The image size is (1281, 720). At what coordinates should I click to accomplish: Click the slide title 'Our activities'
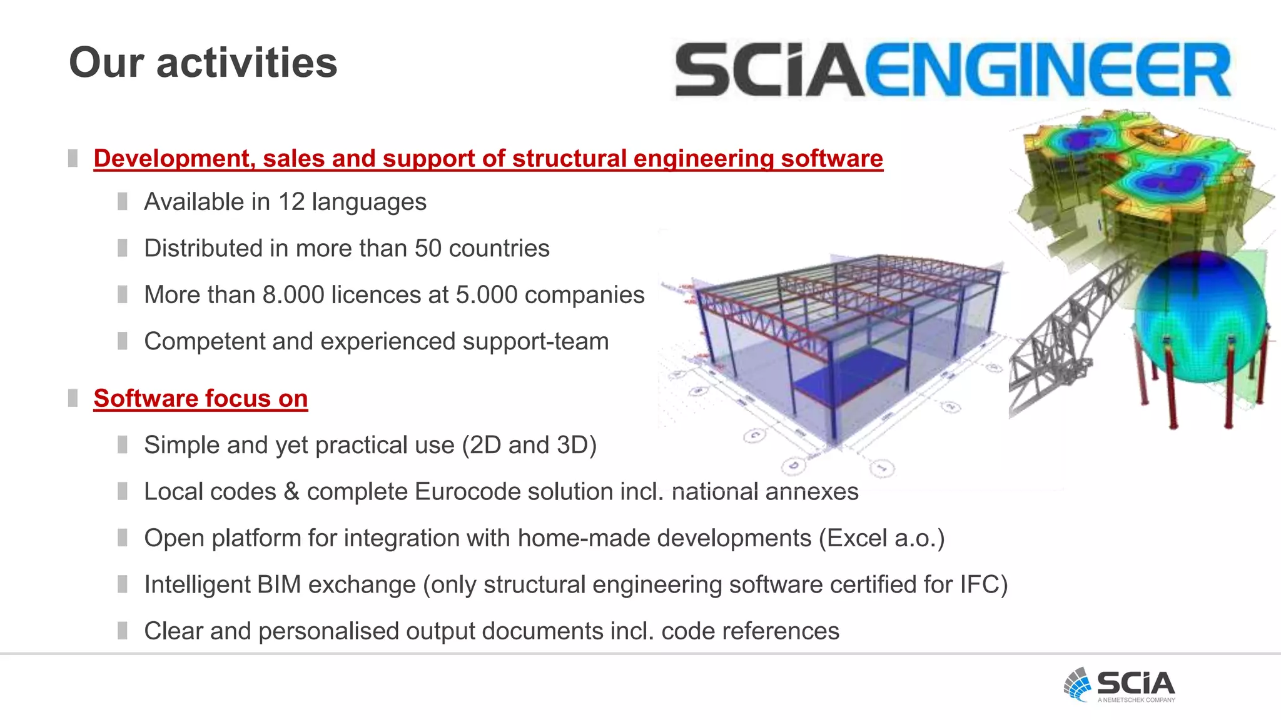pyautogui.click(x=203, y=63)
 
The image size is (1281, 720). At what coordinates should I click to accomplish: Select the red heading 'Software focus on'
pyautogui.click(x=200, y=399)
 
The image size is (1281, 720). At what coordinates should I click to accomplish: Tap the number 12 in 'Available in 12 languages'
pyautogui.click(x=291, y=202)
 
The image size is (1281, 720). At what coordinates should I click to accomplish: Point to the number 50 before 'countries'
pyautogui.click(x=428, y=249)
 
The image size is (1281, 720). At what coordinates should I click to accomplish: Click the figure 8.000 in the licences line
pyautogui.click(x=293, y=295)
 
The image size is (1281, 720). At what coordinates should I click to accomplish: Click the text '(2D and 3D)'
pyautogui.click(x=529, y=445)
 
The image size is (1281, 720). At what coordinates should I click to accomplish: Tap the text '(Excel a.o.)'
pyautogui.click(x=881, y=538)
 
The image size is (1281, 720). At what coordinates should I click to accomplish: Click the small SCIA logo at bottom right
pyautogui.click(x=1120, y=685)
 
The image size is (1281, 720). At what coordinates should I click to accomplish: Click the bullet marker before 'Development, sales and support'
pyautogui.click(x=73, y=158)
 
